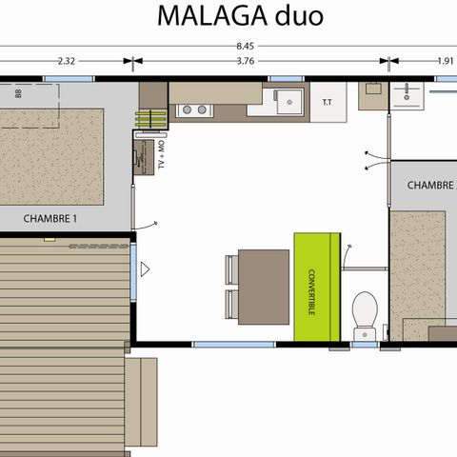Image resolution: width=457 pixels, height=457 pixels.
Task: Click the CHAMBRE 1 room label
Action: (50, 218)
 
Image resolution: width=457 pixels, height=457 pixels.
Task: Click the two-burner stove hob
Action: (194, 109)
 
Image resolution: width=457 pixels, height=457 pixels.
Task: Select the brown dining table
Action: (265, 283)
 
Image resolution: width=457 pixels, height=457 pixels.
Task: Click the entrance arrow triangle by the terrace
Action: (145, 270)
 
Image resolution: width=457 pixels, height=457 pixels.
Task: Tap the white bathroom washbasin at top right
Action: (411, 94)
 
